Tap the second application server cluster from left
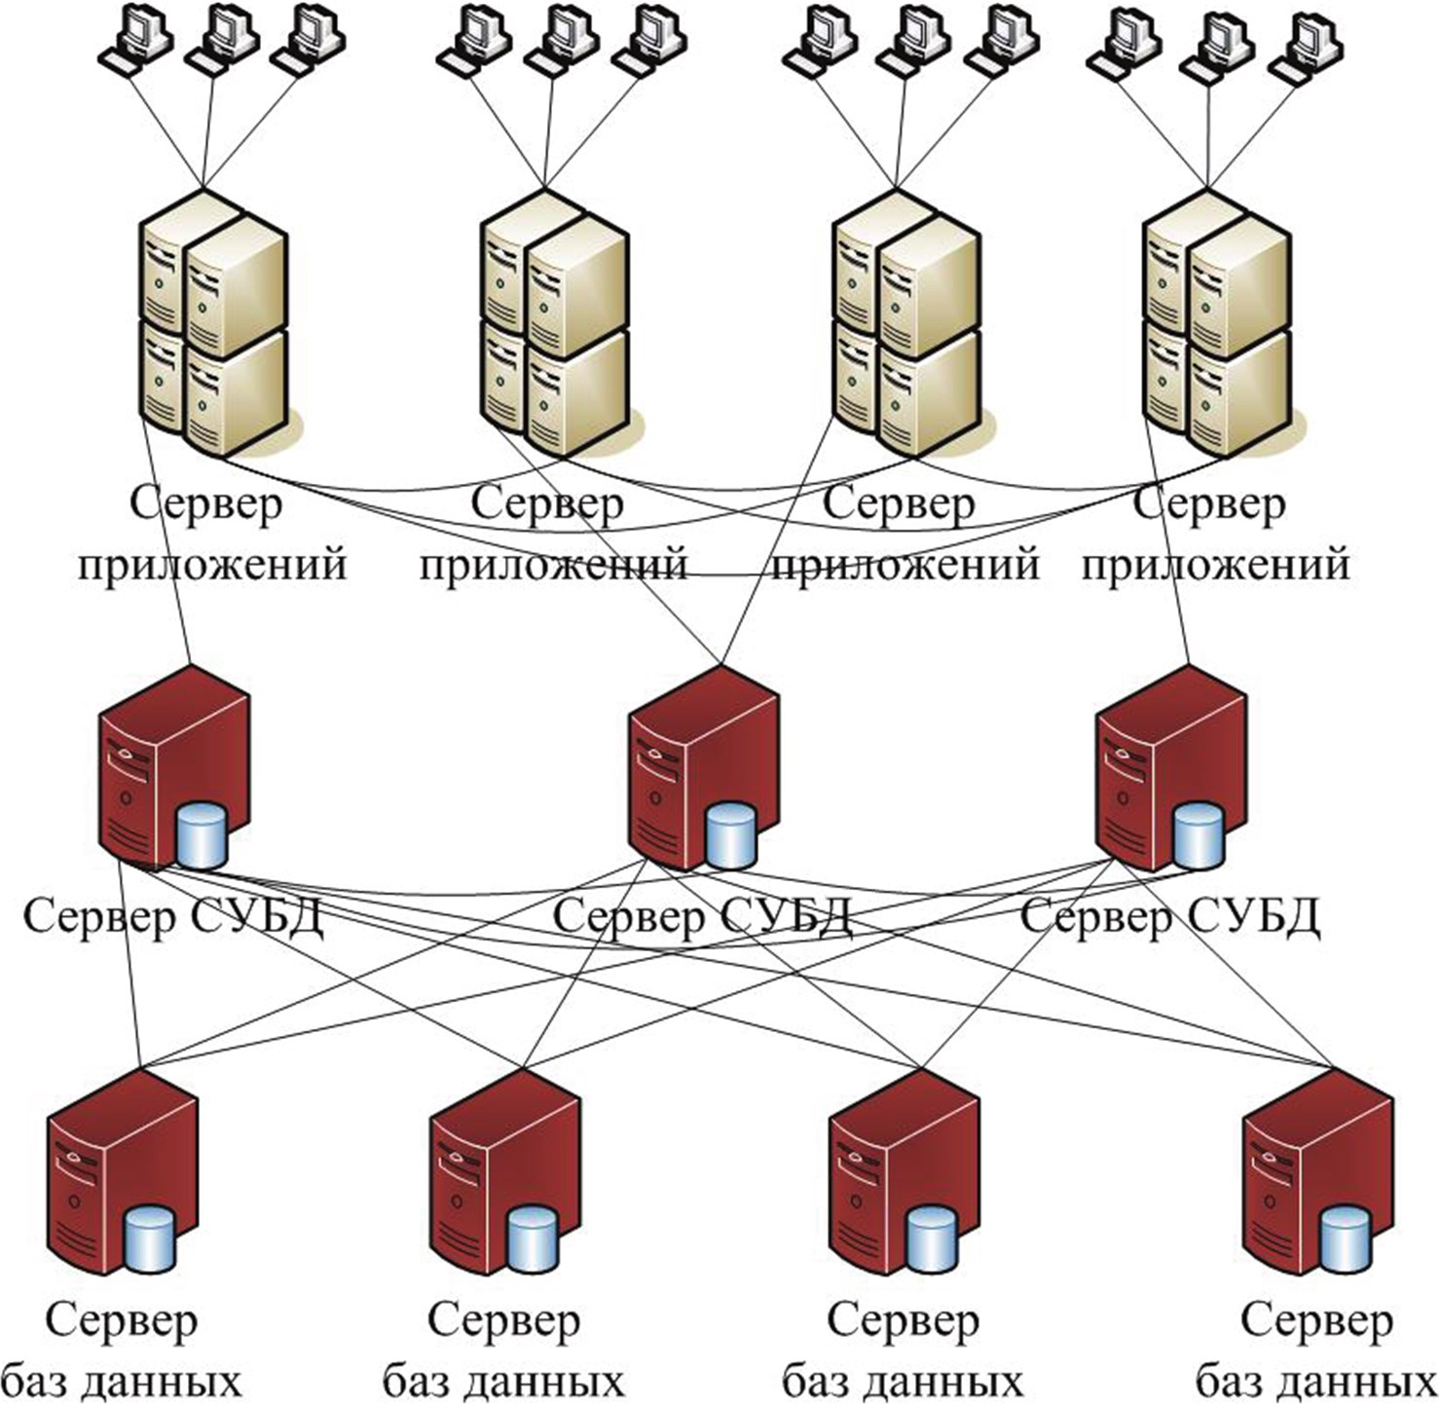pyautogui.click(x=553, y=326)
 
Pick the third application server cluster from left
pyautogui.click(x=905, y=326)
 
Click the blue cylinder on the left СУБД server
pyautogui.click(x=203, y=835)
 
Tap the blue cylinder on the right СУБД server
pyautogui.click(x=1197, y=835)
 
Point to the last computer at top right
pyautogui.click(x=1310, y=44)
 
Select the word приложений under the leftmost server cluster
pyautogui.click(x=212, y=565)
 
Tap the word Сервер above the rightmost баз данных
pyautogui.click(x=1316, y=1321)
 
